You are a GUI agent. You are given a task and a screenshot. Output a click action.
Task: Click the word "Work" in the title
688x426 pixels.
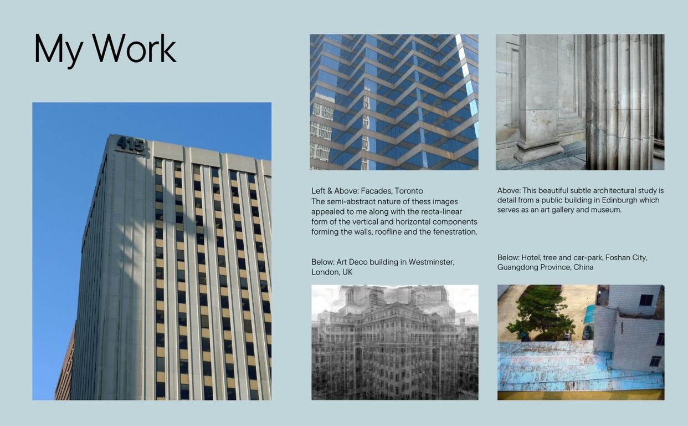[x=134, y=49]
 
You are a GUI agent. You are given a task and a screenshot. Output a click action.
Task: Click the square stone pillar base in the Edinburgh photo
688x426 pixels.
[x=538, y=150]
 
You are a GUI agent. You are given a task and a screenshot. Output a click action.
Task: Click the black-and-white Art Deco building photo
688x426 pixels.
[x=394, y=342]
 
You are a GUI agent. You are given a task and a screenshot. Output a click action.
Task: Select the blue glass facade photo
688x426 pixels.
[x=394, y=102]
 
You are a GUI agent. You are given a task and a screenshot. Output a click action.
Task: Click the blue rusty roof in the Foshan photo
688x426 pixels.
[x=554, y=366]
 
